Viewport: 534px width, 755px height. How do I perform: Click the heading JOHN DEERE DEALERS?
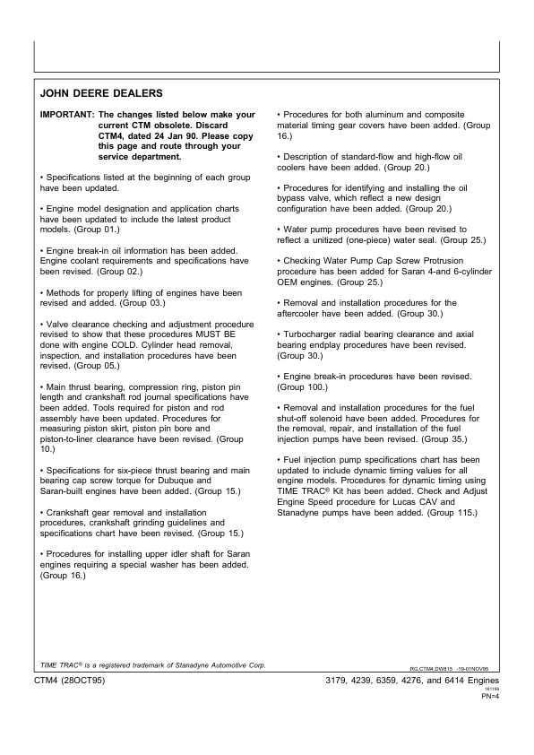click(x=101, y=93)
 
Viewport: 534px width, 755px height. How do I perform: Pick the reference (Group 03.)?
click(x=147, y=302)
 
